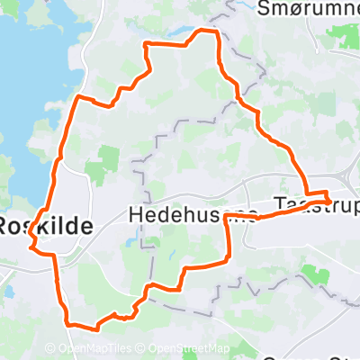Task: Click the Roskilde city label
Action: (x=45, y=226)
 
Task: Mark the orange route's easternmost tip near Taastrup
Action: (x=330, y=199)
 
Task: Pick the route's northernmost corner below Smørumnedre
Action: (x=214, y=31)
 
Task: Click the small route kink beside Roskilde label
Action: (x=32, y=236)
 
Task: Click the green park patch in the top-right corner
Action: (x=343, y=36)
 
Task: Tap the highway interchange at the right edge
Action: (x=346, y=175)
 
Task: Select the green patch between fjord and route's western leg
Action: (x=106, y=160)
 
